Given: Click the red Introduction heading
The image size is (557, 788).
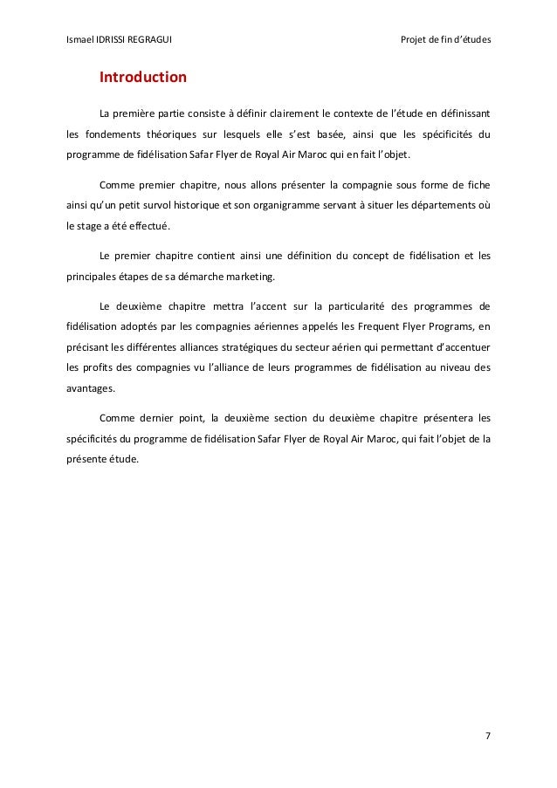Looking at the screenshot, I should (x=143, y=78).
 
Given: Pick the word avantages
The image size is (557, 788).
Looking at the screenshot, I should (x=90, y=388).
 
